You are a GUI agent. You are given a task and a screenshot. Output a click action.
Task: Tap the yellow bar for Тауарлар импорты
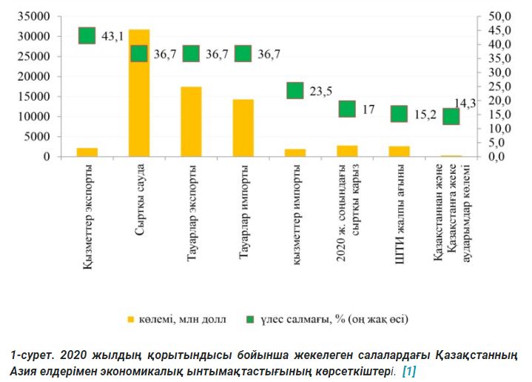coord(243,128)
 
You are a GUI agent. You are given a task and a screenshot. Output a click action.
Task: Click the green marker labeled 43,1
coord(87,36)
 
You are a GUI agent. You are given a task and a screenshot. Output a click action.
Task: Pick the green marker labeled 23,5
coord(295,90)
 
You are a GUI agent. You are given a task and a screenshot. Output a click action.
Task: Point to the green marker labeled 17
coord(347,109)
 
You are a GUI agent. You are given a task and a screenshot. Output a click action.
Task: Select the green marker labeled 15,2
coord(399,113)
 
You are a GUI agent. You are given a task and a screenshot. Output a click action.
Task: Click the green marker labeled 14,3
coord(451,116)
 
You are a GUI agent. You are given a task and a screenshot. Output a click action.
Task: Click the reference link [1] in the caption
coord(408,369)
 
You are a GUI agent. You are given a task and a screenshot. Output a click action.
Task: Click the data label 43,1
coord(112,36)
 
